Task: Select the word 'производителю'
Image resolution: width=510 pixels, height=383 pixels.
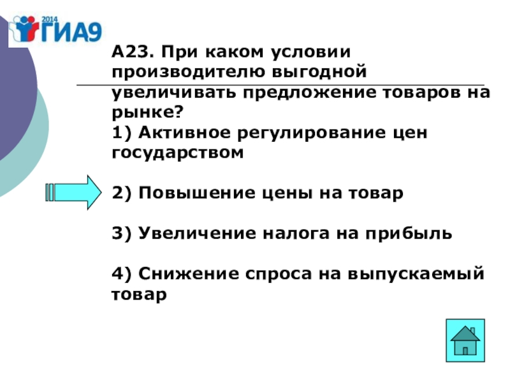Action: pos(181,71)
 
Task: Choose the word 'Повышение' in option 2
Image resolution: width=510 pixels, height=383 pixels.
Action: pos(181,193)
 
